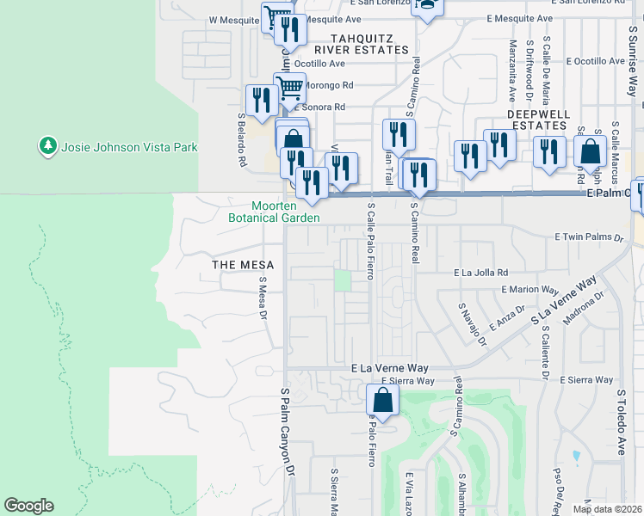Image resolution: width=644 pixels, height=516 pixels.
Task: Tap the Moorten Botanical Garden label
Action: click(274, 212)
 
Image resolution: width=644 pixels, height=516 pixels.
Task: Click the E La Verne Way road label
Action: click(389, 367)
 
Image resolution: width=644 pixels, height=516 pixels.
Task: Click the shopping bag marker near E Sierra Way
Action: click(382, 400)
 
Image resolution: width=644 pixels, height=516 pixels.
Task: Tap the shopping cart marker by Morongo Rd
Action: click(290, 86)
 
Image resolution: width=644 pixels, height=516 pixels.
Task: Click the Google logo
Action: click(28, 506)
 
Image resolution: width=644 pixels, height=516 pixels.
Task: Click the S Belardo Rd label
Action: click(242, 146)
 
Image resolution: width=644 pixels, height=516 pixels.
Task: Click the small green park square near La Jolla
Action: click(344, 281)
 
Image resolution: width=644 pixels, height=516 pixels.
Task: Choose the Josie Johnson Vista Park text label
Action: click(130, 147)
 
